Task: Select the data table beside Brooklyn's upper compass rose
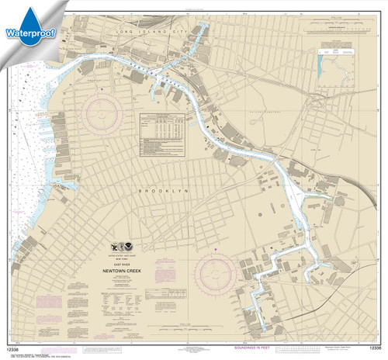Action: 166,128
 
